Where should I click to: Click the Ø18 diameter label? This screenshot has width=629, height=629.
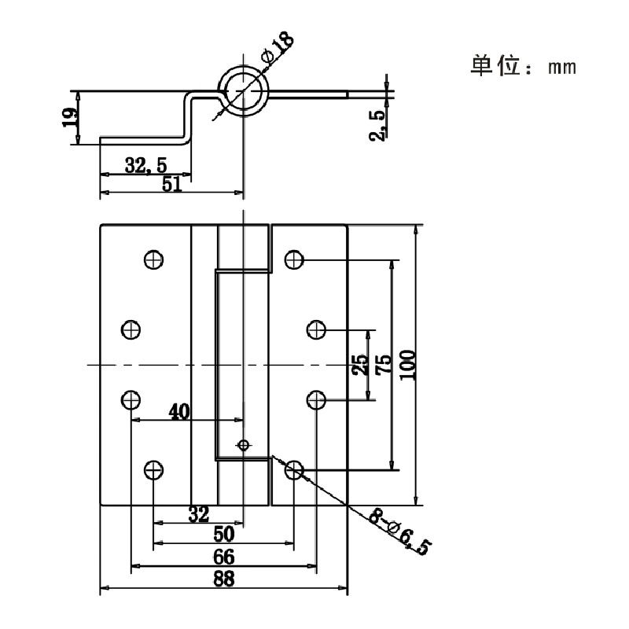[x=278, y=47]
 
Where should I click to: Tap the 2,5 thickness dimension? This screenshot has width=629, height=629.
[x=377, y=125]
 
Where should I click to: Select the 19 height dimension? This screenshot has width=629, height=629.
[x=70, y=117]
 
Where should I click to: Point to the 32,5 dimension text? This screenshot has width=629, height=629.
[x=145, y=165]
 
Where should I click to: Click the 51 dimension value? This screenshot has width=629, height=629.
[x=171, y=184]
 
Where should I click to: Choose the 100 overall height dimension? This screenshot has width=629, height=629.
[x=407, y=365]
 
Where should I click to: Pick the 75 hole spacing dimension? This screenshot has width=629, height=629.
[x=384, y=365]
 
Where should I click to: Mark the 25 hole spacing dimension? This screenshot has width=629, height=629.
[x=360, y=365]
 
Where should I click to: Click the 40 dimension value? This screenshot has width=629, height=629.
[x=179, y=412]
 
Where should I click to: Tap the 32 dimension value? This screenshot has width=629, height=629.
[x=199, y=515]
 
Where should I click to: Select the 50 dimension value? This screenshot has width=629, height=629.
[x=224, y=535]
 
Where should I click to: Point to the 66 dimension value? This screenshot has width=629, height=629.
[x=224, y=557]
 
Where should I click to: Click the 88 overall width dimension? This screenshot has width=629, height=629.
[x=224, y=579]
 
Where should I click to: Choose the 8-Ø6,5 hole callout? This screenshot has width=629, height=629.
[x=400, y=532]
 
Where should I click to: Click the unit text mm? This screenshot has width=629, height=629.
[x=562, y=68]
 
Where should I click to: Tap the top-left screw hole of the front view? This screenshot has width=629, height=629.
[x=153, y=259]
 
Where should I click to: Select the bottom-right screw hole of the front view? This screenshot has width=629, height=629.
[x=294, y=469]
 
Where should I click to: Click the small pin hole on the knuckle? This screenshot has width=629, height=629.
[x=244, y=444]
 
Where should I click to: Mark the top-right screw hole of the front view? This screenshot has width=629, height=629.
[x=294, y=259]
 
